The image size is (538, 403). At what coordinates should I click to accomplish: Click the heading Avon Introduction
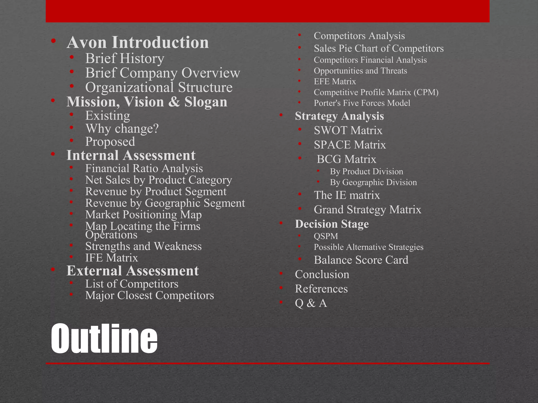(138, 42)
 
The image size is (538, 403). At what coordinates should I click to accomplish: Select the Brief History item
(125, 58)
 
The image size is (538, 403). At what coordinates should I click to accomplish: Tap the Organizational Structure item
(159, 87)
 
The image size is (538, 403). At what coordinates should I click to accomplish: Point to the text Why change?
(122, 129)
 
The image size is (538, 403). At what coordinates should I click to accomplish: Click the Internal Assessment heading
(131, 155)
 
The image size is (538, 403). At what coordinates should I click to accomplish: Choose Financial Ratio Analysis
(144, 168)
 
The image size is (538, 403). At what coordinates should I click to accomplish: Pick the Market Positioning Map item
(143, 215)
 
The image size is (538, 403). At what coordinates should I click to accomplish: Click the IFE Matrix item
(112, 258)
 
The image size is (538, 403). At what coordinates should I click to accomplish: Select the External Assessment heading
(133, 271)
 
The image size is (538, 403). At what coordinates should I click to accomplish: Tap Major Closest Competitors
(149, 295)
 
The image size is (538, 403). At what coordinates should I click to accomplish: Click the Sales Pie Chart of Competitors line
(379, 48)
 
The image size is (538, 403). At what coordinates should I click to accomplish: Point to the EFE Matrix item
(335, 82)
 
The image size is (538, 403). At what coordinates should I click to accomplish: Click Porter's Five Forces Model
(362, 103)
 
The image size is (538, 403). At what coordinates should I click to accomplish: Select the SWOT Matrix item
(348, 130)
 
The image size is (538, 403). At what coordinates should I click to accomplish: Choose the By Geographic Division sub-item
(373, 182)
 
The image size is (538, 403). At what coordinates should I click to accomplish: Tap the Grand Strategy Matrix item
(368, 210)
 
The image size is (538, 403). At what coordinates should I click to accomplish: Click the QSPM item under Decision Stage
(326, 236)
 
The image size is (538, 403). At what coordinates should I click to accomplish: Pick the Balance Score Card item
(361, 260)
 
